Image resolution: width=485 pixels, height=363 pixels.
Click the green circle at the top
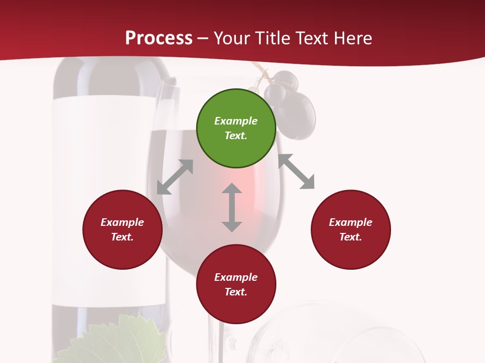coord(236,128)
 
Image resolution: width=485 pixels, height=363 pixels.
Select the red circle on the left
coord(122,229)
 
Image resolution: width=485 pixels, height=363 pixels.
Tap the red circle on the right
coord(351,229)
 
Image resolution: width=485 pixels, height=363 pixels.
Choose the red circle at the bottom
coord(236,284)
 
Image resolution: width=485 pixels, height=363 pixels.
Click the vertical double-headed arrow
coord(232,207)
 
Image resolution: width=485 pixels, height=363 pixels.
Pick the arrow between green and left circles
coord(175,177)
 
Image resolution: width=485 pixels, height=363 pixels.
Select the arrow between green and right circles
coord(297,171)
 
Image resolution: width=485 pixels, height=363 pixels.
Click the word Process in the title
coord(159,38)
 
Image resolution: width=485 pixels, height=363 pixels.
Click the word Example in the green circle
coord(236,121)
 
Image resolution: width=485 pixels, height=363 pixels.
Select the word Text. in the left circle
coord(122,237)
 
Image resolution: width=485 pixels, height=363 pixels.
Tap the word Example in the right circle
coord(351,222)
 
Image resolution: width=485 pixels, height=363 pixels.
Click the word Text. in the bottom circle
coord(236,292)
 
